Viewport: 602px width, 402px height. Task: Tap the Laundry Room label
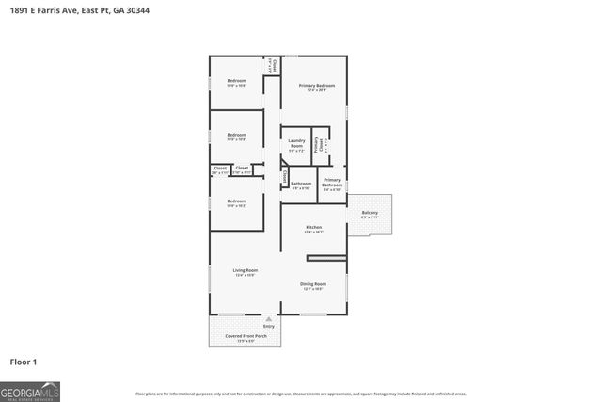point(296,144)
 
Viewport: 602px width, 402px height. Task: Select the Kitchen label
point(314,228)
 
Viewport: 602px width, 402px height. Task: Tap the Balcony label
point(370,213)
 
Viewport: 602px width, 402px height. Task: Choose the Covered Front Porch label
point(246,336)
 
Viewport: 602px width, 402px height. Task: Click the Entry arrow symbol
point(268,319)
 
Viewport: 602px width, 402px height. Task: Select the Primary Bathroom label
point(332,183)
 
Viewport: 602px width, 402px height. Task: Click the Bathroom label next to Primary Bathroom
point(301,184)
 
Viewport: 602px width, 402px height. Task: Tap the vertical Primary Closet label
point(320,145)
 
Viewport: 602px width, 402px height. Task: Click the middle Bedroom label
point(236,135)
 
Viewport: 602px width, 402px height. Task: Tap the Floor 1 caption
point(24,361)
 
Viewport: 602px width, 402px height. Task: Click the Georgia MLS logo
point(30,391)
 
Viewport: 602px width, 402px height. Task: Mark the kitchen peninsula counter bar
point(326,258)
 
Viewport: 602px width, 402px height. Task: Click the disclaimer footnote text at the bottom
point(300,394)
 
